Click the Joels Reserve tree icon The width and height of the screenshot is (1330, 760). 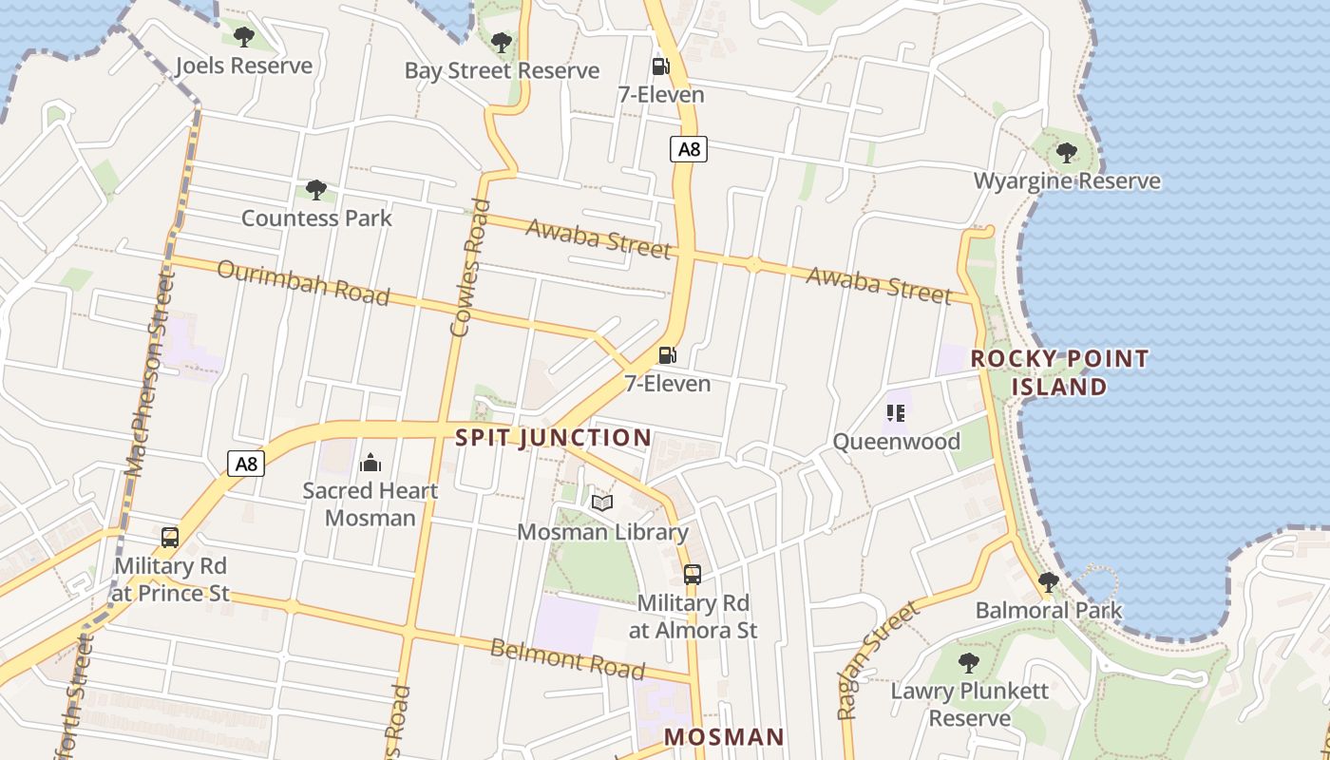point(244,37)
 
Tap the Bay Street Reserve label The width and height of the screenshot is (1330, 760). point(502,70)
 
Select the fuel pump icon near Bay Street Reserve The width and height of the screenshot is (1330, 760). point(660,66)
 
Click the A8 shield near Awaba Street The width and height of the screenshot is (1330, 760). point(689,148)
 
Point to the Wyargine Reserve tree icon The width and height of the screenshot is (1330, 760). point(1067,152)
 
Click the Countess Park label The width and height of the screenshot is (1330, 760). point(316,218)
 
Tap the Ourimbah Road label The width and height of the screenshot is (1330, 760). point(303,282)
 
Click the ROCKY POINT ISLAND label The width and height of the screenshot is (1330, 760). point(1059,372)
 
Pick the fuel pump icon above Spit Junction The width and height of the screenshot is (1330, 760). point(668,355)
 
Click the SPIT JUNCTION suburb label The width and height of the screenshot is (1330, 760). point(554,438)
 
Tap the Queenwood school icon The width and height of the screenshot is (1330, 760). point(895,412)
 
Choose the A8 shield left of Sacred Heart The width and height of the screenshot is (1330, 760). point(246,464)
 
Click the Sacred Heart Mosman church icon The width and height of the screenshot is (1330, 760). point(370,463)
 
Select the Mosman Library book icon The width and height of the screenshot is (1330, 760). point(602,503)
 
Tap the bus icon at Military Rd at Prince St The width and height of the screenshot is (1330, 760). point(170,537)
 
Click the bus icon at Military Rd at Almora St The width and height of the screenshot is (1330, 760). point(693,574)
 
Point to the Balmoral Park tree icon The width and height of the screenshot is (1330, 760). point(1049,581)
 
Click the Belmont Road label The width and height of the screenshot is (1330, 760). point(567,658)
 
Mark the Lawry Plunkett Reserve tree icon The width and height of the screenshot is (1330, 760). point(969,663)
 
